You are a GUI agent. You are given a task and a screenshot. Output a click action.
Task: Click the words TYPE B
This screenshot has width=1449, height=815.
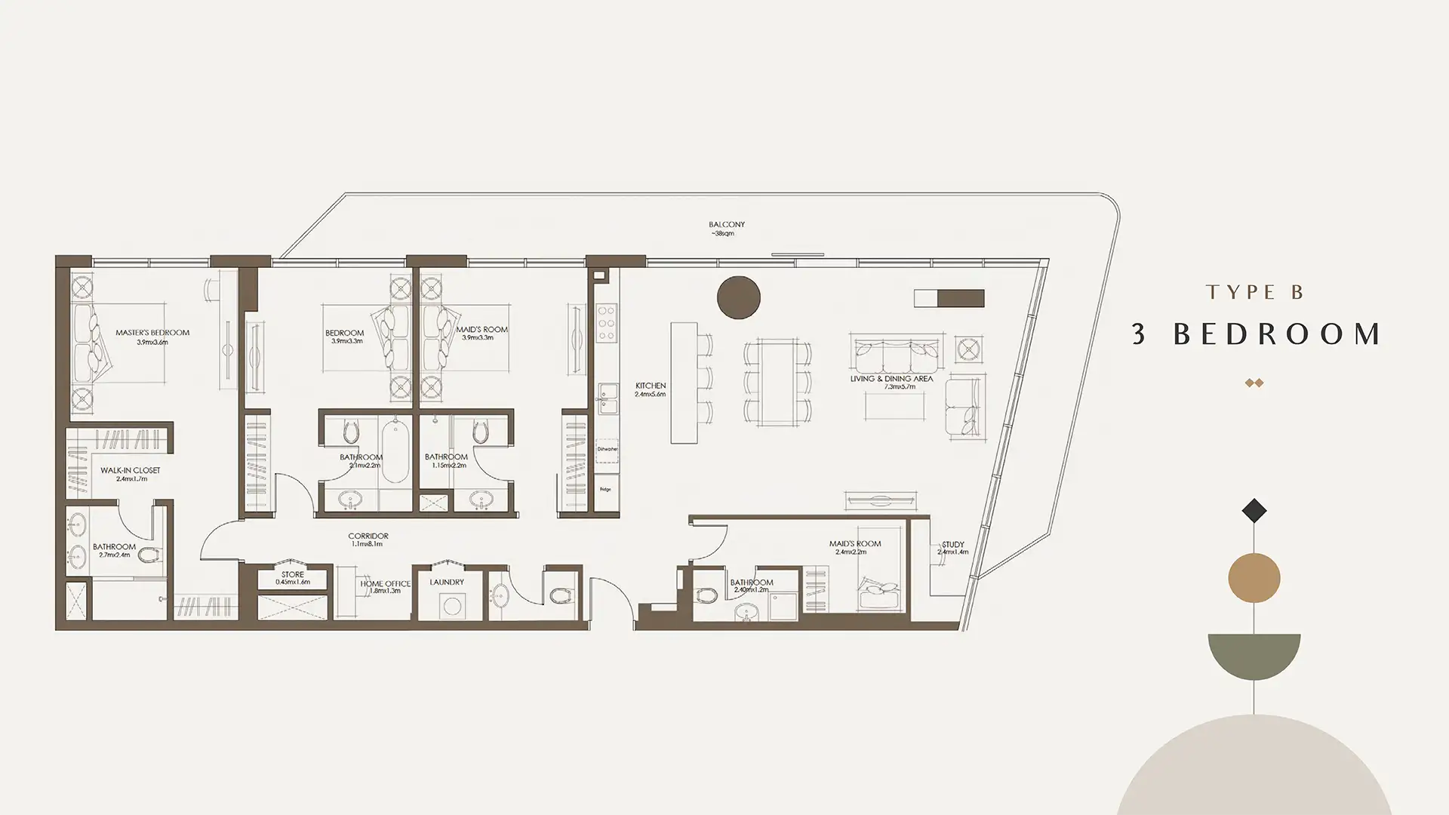(x=1255, y=293)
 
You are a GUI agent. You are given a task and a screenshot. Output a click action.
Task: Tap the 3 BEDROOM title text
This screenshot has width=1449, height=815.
(x=1257, y=334)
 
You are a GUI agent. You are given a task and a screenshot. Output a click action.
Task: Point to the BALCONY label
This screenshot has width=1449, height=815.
(x=726, y=225)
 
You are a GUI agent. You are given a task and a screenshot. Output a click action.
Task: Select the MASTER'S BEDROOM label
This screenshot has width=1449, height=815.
(x=152, y=333)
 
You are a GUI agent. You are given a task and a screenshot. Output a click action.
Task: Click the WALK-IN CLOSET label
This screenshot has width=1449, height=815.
(x=131, y=470)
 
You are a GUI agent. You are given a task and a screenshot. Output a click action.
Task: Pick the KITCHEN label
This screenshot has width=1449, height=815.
(x=651, y=386)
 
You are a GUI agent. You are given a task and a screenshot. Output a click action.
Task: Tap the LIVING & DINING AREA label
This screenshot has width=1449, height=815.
(x=891, y=379)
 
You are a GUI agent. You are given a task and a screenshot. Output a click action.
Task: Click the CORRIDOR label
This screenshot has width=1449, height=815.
(x=369, y=537)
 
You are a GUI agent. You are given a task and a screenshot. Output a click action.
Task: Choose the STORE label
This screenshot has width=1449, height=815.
(x=293, y=574)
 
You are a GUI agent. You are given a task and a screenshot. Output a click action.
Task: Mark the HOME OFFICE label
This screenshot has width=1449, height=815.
(x=385, y=584)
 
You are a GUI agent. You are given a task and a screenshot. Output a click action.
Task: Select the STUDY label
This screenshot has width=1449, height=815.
(x=953, y=544)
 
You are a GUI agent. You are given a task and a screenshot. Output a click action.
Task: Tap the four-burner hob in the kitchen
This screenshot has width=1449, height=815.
(x=606, y=322)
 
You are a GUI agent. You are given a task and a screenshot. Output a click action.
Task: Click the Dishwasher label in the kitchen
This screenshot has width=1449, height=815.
(x=608, y=450)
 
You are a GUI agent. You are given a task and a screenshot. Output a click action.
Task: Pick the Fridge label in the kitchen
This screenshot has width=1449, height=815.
(x=606, y=489)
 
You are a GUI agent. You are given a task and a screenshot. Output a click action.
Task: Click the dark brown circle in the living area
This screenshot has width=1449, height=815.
(x=738, y=297)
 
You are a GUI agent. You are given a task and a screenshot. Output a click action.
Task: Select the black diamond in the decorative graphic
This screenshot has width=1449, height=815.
(x=1254, y=511)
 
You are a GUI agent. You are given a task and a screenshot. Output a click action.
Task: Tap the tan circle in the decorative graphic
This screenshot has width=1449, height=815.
(x=1254, y=579)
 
